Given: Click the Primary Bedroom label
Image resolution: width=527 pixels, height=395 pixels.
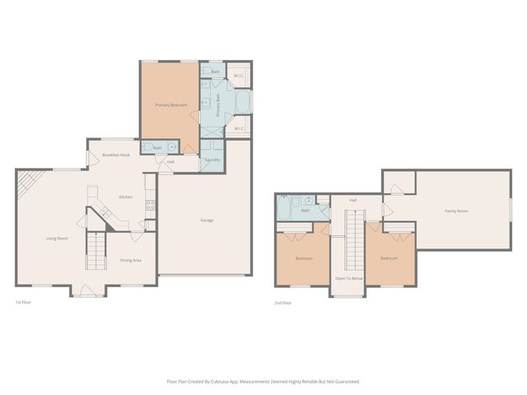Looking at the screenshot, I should [171, 105].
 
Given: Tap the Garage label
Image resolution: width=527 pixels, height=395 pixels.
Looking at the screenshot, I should [207, 220].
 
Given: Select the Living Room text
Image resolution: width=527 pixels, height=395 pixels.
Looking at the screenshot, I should [57, 239].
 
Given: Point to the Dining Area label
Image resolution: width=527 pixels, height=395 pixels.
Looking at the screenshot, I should [131, 260].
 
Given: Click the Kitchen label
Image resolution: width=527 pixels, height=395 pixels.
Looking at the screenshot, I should [125, 197].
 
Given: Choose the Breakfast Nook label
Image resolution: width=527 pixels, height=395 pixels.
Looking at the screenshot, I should [116, 155].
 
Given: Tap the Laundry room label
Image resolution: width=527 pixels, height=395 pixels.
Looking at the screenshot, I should [212, 159].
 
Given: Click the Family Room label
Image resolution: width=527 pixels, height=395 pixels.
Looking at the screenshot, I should [456, 211].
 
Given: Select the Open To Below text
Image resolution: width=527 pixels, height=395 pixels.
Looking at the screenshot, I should [347, 279].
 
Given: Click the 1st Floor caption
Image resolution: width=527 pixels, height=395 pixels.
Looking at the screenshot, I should [24, 302].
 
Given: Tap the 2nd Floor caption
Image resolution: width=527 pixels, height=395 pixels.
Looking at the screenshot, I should [282, 303].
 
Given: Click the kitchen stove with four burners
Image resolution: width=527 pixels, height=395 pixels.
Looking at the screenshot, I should [150, 205].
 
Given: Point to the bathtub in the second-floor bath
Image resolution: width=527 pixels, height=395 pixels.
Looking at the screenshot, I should [288, 209].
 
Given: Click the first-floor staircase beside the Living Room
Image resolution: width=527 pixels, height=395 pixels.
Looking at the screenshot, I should [96, 250].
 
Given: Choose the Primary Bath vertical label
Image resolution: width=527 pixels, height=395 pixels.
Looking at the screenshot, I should [218, 106].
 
